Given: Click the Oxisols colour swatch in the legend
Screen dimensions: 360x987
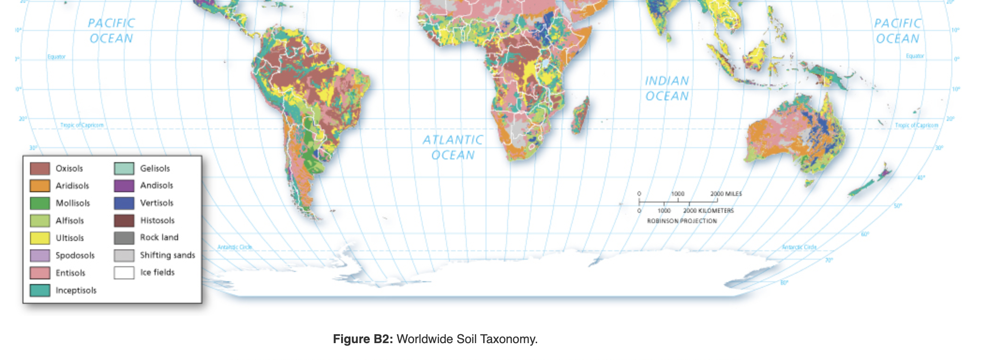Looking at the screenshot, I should [x=40, y=168].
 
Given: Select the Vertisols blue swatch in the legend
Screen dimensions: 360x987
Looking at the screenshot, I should [x=124, y=203].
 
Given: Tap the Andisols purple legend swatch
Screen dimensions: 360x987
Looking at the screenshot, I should [x=124, y=186].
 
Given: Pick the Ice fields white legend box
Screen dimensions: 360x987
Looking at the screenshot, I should [x=124, y=272].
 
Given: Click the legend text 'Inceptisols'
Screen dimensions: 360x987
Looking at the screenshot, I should [x=76, y=291].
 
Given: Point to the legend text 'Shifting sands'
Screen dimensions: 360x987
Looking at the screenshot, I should [x=167, y=255].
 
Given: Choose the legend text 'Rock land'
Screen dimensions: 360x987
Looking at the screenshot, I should [x=159, y=238].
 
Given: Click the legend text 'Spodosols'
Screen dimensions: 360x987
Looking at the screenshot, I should [x=75, y=255].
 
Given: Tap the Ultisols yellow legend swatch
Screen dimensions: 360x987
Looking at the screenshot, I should [x=40, y=238].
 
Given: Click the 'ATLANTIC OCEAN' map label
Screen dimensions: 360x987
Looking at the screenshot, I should [x=453, y=147].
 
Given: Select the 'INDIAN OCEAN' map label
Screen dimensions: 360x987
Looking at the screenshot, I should [x=667, y=89].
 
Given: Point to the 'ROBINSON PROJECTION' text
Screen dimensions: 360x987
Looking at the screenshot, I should [x=682, y=221].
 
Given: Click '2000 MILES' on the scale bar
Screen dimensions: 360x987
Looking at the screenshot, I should [x=726, y=194].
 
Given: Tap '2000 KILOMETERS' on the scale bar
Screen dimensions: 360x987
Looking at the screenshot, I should [x=709, y=211].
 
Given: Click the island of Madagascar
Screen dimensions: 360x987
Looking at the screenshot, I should [x=580, y=114].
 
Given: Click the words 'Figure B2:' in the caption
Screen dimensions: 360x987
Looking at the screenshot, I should [x=363, y=339].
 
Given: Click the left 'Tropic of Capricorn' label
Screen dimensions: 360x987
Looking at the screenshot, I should [x=82, y=125].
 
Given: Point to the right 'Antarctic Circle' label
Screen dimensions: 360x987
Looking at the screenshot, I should [x=800, y=247].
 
